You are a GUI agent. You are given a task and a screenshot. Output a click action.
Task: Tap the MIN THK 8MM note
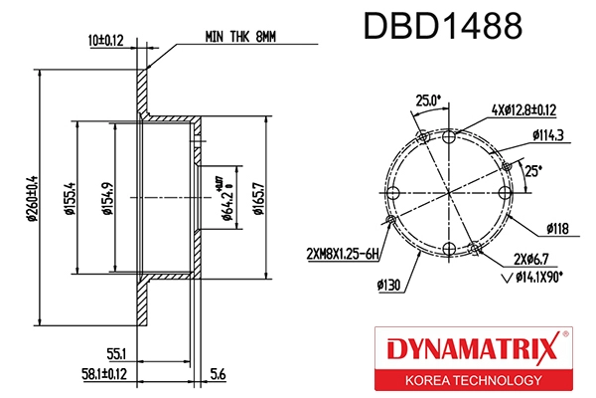[x=241, y=35]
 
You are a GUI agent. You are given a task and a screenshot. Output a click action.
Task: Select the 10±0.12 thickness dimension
[x=106, y=42]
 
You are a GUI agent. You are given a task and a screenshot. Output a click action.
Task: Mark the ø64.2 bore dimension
[x=226, y=198]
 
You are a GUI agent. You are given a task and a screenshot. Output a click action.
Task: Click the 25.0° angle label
[x=427, y=100]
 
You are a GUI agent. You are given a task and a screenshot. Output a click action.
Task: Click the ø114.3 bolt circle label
[x=548, y=134]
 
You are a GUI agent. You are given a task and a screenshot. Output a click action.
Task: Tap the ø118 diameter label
[x=556, y=230]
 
